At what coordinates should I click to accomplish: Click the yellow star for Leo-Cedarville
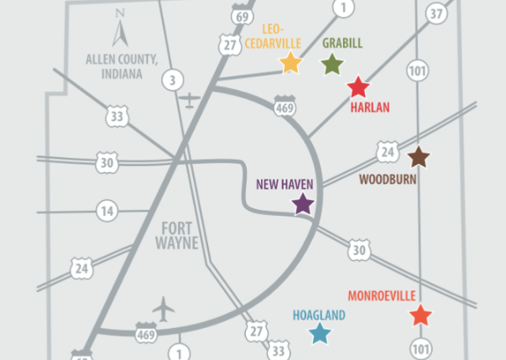pyautogui.click(x=290, y=63)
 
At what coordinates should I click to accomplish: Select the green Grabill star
pyautogui.click(x=332, y=64)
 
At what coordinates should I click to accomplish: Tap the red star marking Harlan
pyautogui.click(x=358, y=86)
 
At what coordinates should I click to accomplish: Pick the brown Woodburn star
pyautogui.click(x=418, y=156)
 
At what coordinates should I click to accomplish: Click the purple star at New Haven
pyautogui.click(x=303, y=204)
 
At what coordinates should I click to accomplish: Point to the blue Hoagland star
pyautogui.click(x=320, y=334)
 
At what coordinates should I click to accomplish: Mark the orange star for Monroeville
pyautogui.click(x=421, y=316)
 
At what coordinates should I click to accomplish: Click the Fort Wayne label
pyautogui.click(x=176, y=235)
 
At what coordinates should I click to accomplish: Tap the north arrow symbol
pyautogui.click(x=120, y=32)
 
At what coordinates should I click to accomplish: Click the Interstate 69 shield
pyautogui.click(x=243, y=17)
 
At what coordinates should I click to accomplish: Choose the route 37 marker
pyautogui.click(x=436, y=13)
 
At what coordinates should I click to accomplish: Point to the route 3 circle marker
pyautogui.click(x=172, y=81)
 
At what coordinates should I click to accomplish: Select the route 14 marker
pyautogui.click(x=106, y=210)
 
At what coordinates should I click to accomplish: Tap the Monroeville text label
pyautogui.click(x=382, y=296)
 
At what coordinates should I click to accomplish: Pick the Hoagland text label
pyautogui.click(x=319, y=316)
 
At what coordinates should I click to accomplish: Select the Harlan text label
pyautogui.click(x=370, y=107)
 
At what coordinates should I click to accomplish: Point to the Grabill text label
pyautogui.click(x=342, y=43)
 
